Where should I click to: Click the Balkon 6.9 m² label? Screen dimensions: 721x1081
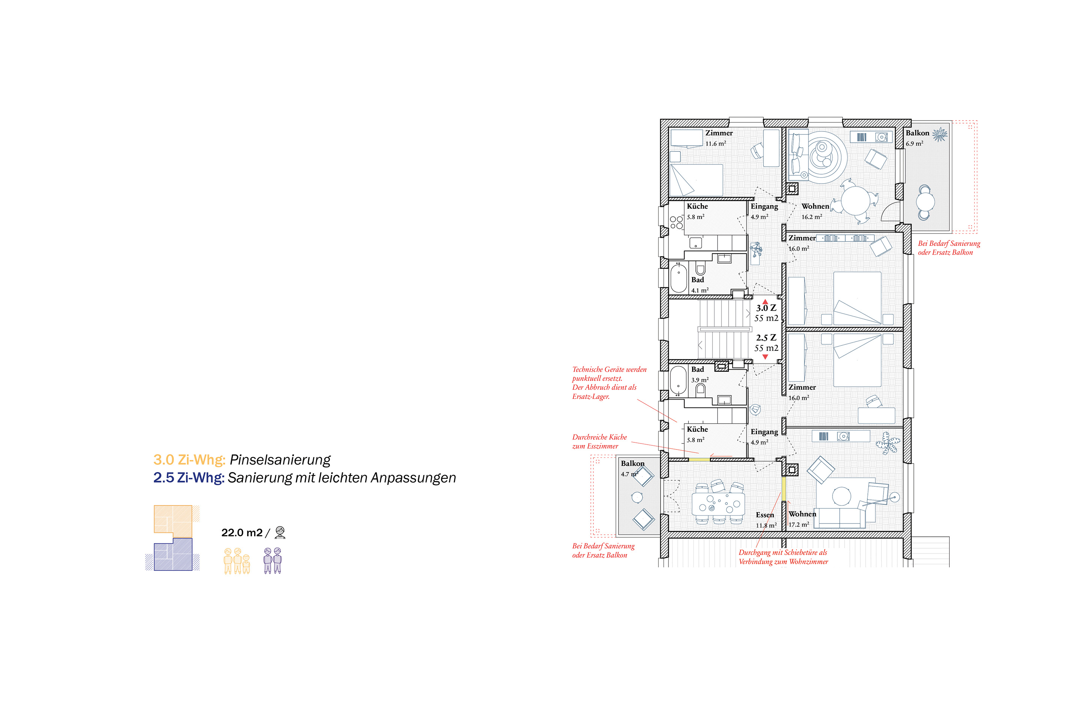tap(917, 137)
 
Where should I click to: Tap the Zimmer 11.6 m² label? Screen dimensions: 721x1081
tap(719, 137)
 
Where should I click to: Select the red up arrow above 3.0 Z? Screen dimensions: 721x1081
tap(765, 302)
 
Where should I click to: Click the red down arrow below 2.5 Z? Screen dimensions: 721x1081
tap(765, 357)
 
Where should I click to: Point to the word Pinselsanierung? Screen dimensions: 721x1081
tap(280, 459)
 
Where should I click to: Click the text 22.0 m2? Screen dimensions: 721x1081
tap(242, 532)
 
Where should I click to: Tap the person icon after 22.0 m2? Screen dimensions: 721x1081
tap(280, 532)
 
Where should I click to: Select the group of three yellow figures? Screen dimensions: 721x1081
tap(237, 561)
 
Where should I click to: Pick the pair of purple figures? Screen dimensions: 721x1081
tap(273, 561)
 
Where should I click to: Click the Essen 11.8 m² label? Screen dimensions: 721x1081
tap(766, 520)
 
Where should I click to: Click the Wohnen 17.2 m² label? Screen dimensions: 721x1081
tap(802, 519)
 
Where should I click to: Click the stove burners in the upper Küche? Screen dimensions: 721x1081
tap(676, 223)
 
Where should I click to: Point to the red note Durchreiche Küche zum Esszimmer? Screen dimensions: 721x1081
tap(599, 442)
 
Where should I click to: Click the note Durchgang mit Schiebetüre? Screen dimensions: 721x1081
tap(783, 557)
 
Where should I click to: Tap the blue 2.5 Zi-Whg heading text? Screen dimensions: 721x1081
tap(188, 478)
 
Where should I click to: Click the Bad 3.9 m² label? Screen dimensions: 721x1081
tap(699, 374)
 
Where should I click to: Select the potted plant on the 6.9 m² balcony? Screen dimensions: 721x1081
tap(940, 135)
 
